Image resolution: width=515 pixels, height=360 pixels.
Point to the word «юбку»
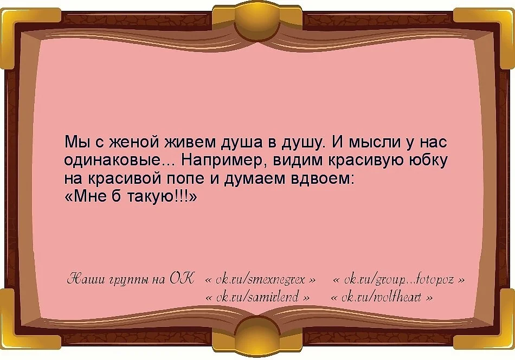(x=429, y=161)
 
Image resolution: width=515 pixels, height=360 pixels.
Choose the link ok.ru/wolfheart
(x=381, y=298)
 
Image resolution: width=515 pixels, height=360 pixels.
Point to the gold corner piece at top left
(x=22, y=22)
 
